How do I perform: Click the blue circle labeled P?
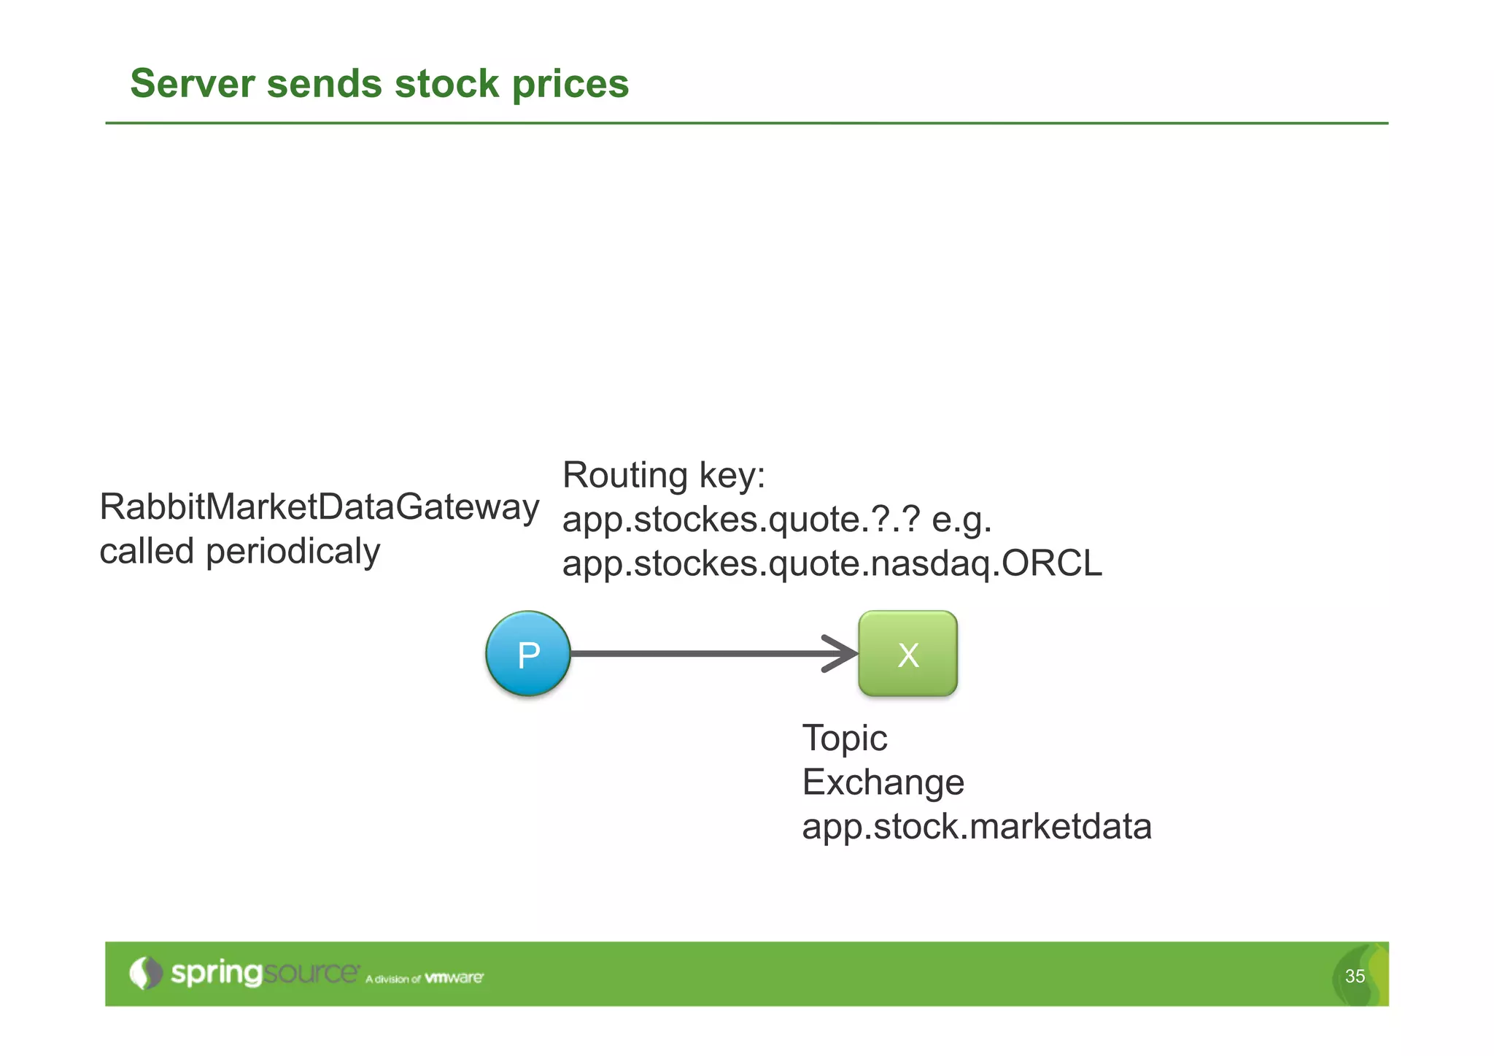coord(527,654)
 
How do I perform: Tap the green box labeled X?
coord(907,654)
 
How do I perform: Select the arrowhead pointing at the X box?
coord(843,653)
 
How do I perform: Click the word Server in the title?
coord(193,83)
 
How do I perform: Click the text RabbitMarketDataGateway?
coord(319,506)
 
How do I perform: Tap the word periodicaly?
coord(293,552)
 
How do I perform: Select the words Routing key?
coord(664,476)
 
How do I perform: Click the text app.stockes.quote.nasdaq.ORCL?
coord(832,564)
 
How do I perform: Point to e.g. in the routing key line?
coord(961,520)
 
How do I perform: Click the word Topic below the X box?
coord(844,739)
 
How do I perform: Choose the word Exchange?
coord(883,782)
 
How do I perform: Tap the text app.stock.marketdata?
coord(976,827)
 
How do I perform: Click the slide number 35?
coord(1355,976)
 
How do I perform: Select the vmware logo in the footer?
coord(454,977)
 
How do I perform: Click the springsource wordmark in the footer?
coord(264,973)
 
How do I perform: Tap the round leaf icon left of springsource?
coord(145,973)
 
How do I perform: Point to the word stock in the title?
coord(446,83)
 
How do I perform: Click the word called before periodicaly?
coord(147,552)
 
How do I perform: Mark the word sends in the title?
coord(324,83)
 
